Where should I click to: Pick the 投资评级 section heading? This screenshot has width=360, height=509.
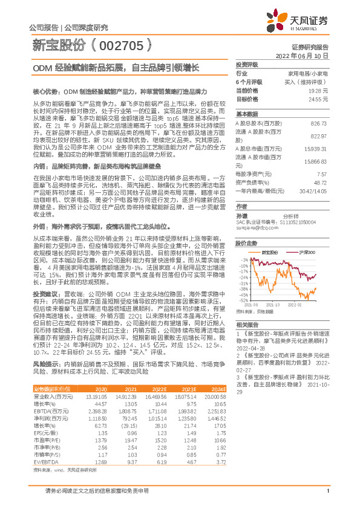tap(247, 63)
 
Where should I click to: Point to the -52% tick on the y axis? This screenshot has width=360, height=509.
tap(243, 300)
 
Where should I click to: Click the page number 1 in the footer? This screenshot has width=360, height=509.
tap(327, 499)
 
